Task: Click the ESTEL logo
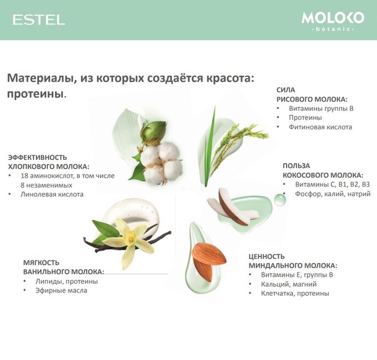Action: (x=39, y=20)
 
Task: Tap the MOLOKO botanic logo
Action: (x=333, y=21)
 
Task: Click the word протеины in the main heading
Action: (x=35, y=94)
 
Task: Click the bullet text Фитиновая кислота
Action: (x=320, y=127)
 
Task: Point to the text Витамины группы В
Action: (x=321, y=108)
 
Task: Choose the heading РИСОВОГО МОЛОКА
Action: (x=312, y=100)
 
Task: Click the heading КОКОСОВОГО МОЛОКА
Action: (x=323, y=175)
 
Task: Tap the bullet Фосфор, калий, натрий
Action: (x=333, y=194)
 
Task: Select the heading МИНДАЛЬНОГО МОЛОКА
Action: (x=293, y=265)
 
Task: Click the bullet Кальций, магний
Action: (x=288, y=284)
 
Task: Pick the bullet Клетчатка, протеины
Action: (x=295, y=294)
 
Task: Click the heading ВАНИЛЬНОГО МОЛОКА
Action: (x=64, y=272)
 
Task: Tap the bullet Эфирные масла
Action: (x=61, y=290)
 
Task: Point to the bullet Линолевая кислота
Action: (x=52, y=194)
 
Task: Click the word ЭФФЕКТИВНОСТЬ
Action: (x=38, y=157)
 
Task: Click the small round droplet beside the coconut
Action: (x=280, y=200)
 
